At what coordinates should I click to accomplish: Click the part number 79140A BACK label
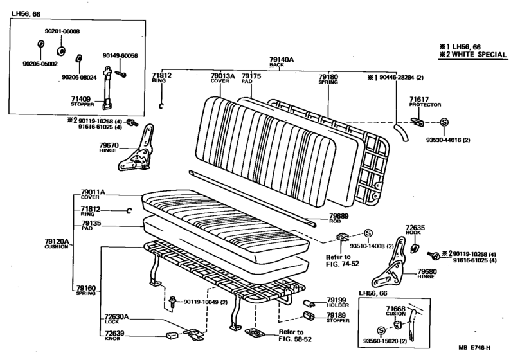282,62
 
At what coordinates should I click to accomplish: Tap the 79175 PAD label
251,79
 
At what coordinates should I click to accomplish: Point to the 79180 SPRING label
328,79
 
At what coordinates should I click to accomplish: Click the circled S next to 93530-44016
444,122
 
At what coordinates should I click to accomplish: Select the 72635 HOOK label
415,230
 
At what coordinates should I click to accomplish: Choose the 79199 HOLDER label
337,302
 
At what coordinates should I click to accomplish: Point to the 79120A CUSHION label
57,243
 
